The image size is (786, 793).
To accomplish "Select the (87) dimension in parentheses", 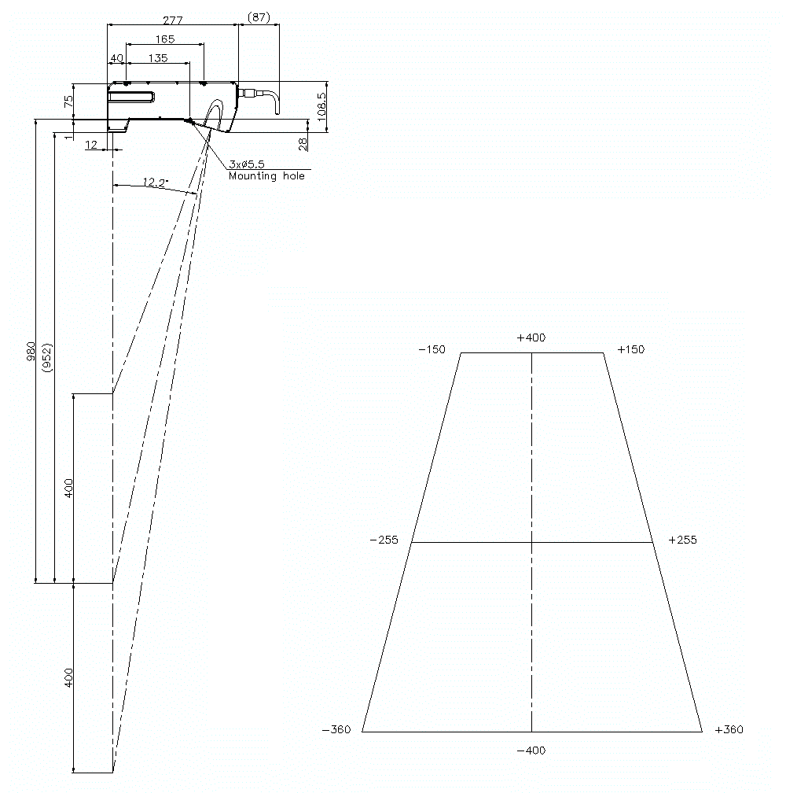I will pyautogui.click(x=259, y=17).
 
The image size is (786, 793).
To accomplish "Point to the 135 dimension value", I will pyautogui.click(x=157, y=57).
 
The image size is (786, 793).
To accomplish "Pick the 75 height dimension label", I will pyautogui.click(x=68, y=101).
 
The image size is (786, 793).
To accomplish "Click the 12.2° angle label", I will pyautogui.click(x=155, y=183).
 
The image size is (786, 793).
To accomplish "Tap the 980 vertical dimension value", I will pyautogui.click(x=31, y=350).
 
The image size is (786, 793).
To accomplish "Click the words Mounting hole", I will pyautogui.click(x=266, y=176).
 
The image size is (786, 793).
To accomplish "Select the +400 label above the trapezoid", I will pyautogui.click(x=531, y=337).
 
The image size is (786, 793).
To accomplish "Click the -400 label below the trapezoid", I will pyautogui.click(x=531, y=750).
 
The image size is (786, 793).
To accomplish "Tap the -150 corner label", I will pyautogui.click(x=432, y=349).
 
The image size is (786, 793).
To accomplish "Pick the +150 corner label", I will pyautogui.click(x=630, y=349).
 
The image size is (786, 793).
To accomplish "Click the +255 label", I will pyautogui.click(x=681, y=540).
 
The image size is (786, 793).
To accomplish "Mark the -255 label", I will pyautogui.click(x=384, y=540).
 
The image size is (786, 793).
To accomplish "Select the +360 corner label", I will pyautogui.click(x=729, y=729).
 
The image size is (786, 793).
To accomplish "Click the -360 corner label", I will pyautogui.click(x=336, y=729).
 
